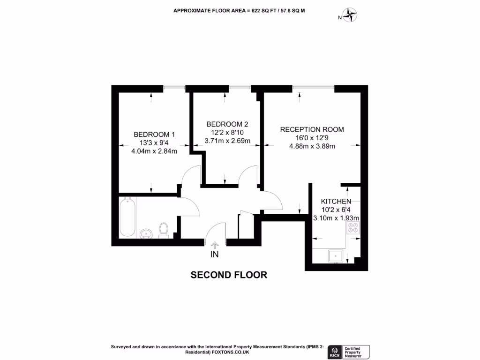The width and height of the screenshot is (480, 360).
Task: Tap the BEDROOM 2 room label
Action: tap(227, 124)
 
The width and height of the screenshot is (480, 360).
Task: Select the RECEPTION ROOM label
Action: tap(312, 129)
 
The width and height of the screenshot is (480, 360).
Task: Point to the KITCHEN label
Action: tap(336, 202)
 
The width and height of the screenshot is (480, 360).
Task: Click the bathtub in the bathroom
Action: tap(128, 218)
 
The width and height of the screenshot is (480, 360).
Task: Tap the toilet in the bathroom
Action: tap(164, 230)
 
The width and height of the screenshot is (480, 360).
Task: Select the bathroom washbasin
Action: tap(146, 233)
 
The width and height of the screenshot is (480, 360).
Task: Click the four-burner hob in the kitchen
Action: tap(352, 228)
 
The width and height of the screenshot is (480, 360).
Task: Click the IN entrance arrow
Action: tap(215, 244)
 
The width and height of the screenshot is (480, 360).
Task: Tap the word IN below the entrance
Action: tap(215, 255)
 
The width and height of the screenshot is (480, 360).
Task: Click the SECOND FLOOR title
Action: tap(229, 275)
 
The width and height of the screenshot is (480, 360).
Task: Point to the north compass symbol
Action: tap(350, 15)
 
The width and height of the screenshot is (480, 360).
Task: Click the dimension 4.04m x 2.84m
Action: tap(154, 151)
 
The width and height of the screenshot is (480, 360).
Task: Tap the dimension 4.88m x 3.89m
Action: tap(312, 146)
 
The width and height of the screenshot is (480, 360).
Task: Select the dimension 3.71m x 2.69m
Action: tap(227, 141)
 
